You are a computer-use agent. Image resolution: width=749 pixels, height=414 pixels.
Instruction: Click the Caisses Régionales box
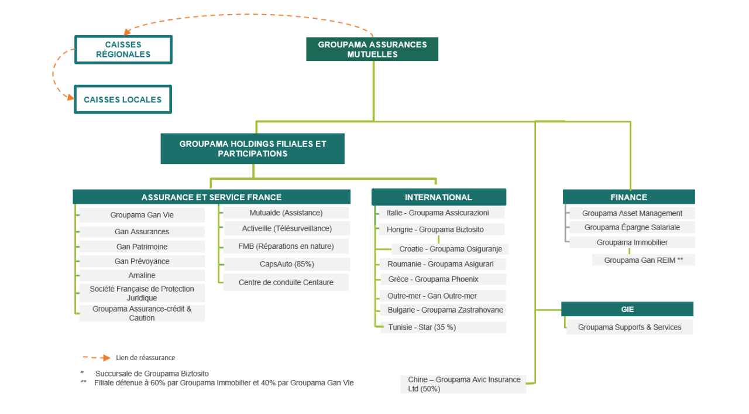(123, 50)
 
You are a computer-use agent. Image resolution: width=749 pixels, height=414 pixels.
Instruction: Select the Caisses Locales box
(122, 100)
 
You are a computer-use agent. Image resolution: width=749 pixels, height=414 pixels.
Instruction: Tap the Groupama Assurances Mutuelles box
(372, 49)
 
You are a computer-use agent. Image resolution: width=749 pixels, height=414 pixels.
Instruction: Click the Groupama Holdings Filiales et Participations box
(252, 149)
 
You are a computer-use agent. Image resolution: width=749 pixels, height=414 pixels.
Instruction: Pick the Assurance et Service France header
(211, 197)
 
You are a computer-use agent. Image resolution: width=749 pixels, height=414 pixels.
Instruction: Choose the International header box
(438, 197)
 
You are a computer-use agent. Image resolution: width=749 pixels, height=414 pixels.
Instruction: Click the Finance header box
(628, 197)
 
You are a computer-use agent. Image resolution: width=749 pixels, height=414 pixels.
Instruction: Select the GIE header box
(627, 309)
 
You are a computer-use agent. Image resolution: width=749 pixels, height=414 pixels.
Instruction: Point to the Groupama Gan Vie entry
(142, 215)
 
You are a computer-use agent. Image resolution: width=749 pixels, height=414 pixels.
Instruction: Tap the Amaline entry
(142, 275)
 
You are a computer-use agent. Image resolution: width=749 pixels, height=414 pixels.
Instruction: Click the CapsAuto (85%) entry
(286, 264)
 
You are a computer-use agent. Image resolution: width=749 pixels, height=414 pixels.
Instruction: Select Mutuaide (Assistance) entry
(286, 213)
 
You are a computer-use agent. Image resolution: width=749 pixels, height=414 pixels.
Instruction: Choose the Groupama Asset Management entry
(632, 213)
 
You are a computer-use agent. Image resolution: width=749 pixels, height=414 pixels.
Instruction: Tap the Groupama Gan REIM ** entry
(643, 260)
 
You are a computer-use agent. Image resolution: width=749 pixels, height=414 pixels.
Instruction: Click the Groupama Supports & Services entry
(630, 327)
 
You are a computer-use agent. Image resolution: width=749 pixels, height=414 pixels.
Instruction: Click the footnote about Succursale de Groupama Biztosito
(152, 374)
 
